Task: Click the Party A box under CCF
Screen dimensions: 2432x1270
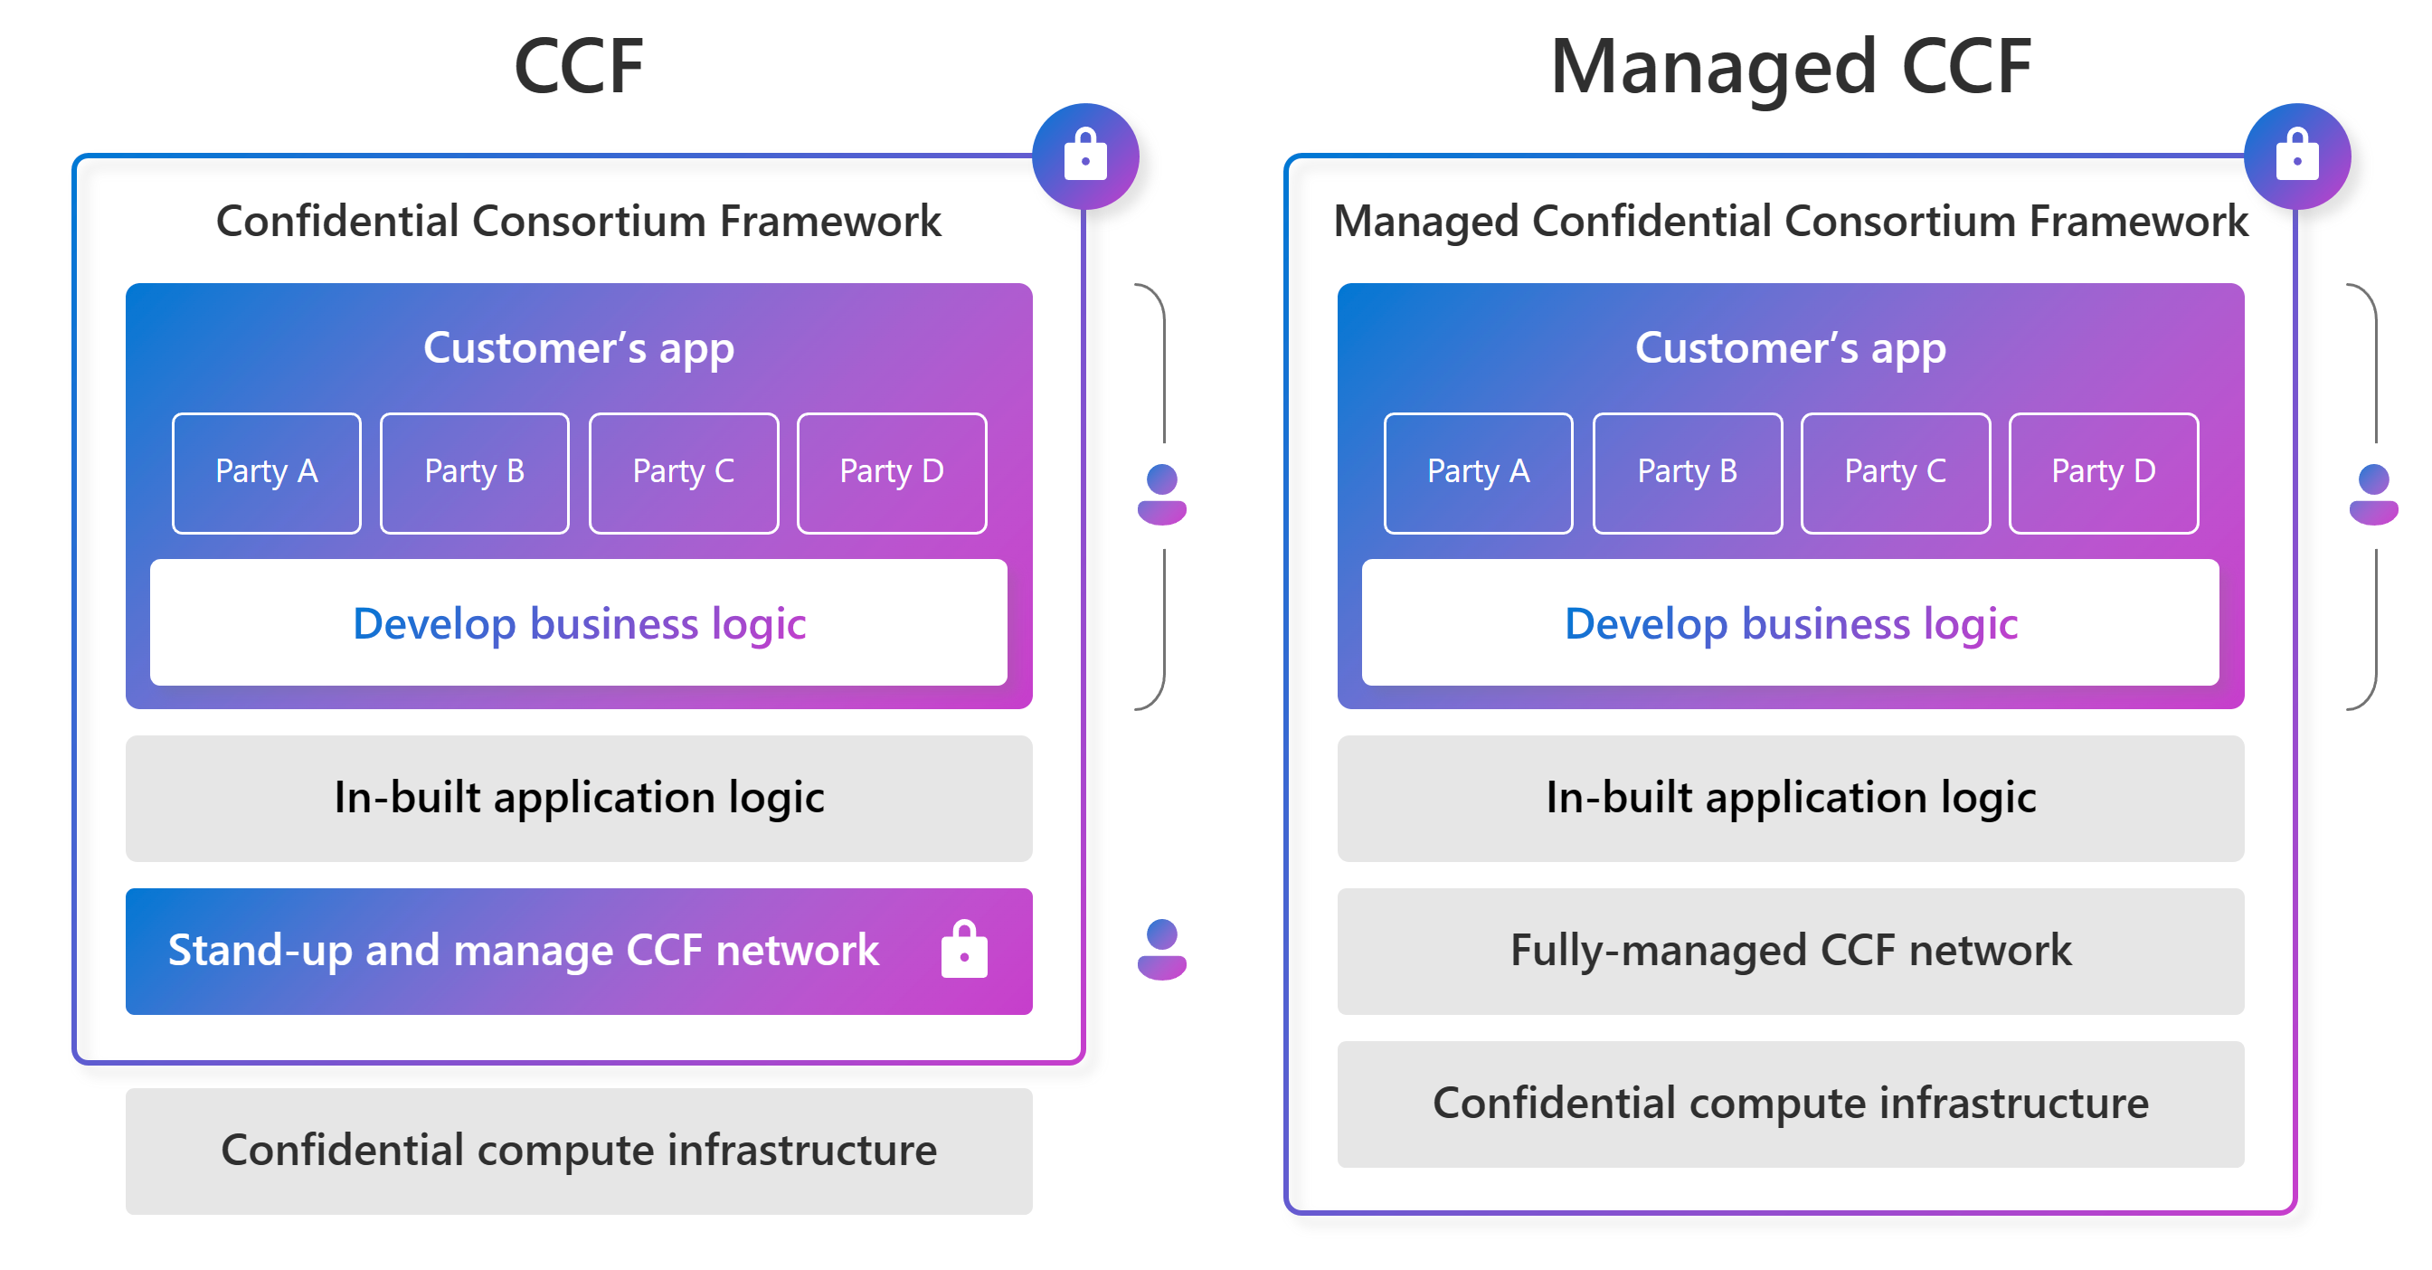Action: [x=266, y=472]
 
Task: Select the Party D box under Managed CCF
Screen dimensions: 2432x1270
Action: [x=2103, y=472]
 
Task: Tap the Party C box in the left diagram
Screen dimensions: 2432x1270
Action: [x=684, y=472]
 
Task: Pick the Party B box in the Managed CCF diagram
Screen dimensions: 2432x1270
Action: [x=1687, y=472]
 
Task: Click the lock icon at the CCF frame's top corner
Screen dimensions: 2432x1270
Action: [x=1084, y=156]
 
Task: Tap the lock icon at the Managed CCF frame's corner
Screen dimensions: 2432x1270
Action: [x=2296, y=156]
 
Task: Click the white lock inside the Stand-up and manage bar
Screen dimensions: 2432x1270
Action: [x=964, y=949]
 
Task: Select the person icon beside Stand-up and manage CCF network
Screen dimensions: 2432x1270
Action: [x=1161, y=949]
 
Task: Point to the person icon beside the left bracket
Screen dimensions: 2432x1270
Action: [x=1161, y=494]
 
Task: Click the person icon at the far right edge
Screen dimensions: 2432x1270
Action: [x=2372, y=494]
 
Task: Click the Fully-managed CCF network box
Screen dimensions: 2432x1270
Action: [x=1790, y=951]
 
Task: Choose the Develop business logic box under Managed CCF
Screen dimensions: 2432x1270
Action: [x=1790, y=623]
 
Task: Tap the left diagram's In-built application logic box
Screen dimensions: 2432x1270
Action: [x=579, y=798]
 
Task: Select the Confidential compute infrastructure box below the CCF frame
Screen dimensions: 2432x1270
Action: [x=579, y=1150]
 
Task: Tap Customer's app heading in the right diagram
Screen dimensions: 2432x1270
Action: [x=1790, y=348]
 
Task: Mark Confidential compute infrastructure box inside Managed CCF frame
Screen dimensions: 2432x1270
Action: [x=1790, y=1103]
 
